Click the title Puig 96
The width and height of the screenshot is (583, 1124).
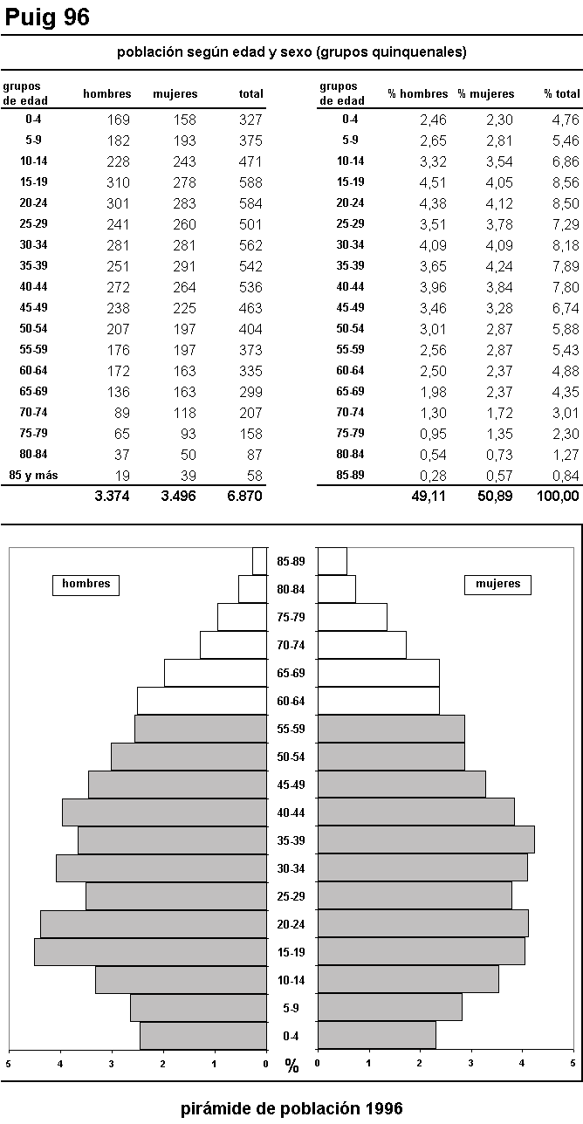pyautogui.click(x=48, y=17)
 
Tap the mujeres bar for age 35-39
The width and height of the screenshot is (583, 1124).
pyautogui.click(x=426, y=840)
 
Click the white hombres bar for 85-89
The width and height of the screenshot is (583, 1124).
pyautogui.click(x=259, y=561)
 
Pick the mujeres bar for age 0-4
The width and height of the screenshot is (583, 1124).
pyautogui.click(x=376, y=1036)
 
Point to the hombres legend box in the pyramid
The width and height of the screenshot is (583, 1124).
pyautogui.click(x=86, y=585)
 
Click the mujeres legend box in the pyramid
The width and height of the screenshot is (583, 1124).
pyautogui.click(x=497, y=585)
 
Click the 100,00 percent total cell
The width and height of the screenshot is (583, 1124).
pyautogui.click(x=558, y=496)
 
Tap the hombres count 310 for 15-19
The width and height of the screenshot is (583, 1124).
pyautogui.click(x=118, y=182)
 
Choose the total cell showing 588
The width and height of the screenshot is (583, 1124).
pyautogui.click(x=250, y=182)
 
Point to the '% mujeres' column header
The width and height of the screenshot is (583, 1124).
pyautogui.click(x=486, y=94)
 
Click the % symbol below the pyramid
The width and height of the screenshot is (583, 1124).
pyautogui.click(x=291, y=1066)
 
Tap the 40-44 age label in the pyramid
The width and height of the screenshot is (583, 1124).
pyautogui.click(x=291, y=812)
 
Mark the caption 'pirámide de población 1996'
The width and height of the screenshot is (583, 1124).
pyautogui.click(x=291, y=1108)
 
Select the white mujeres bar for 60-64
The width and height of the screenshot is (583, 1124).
pyautogui.click(x=378, y=701)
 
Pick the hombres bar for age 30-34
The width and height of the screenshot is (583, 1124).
pyautogui.click(x=161, y=868)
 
